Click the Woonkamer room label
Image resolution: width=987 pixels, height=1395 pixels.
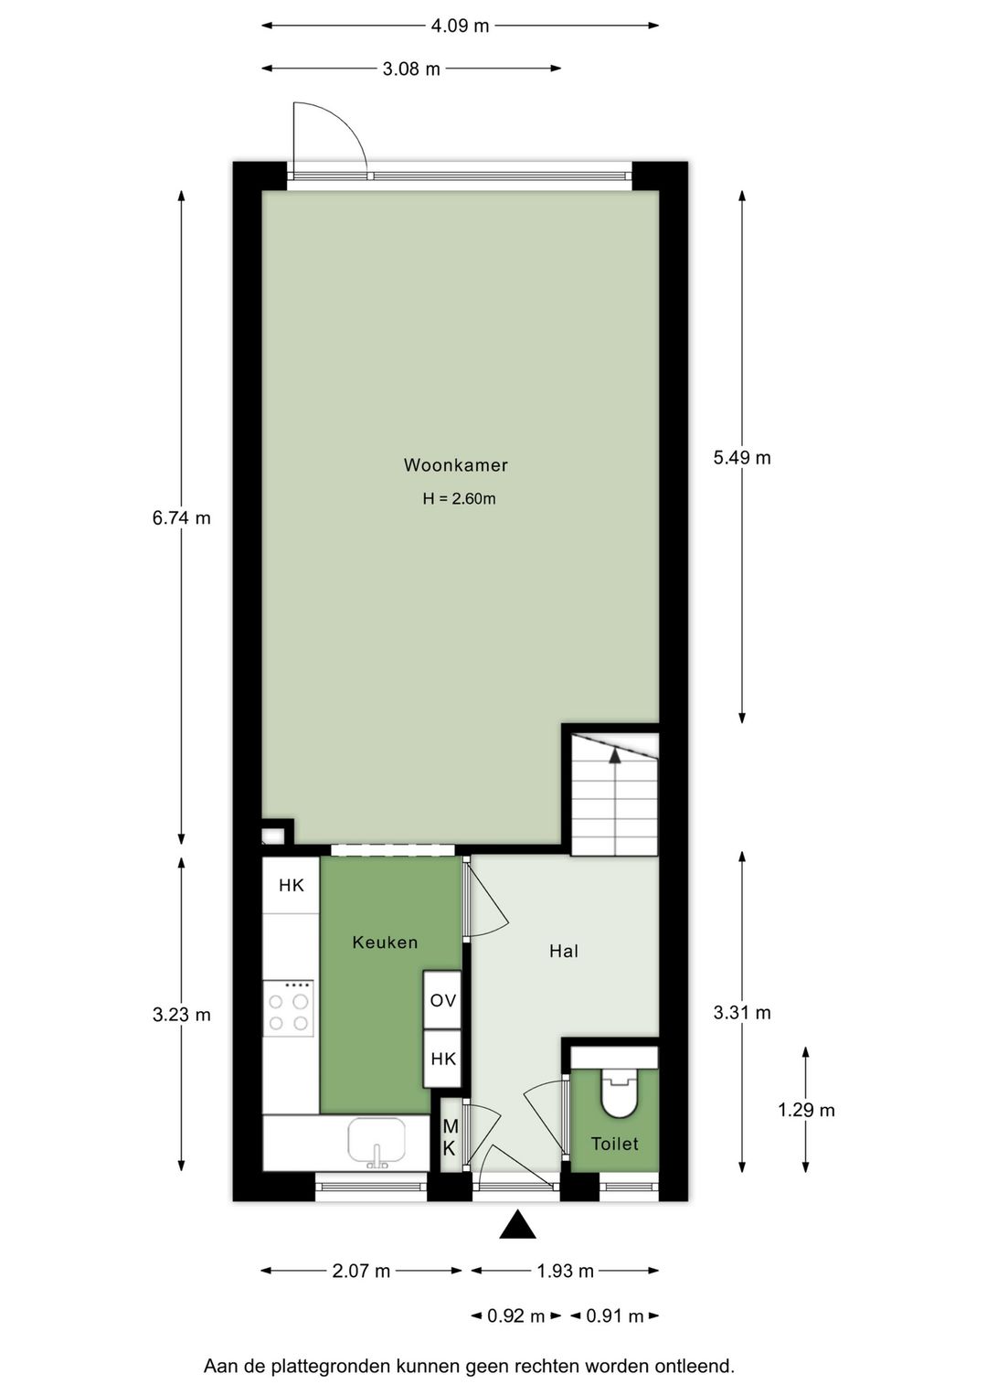pyautogui.click(x=455, y=465)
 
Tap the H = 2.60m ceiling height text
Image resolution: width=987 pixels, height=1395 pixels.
pyautogui.click(x=459, y=499)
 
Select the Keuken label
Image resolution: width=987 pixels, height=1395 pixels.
pyautogui.click(x=385, y=942)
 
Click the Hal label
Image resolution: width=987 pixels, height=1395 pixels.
pyautogui.click(x=564, y=952)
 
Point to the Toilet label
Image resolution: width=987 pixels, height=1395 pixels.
pyautogui.click(x=614, y=1144)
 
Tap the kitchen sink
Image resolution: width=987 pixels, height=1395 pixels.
pyautogui.click(x=377, y=1142)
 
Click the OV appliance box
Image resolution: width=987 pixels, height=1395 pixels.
pyautogui.click(x=442, y=1001)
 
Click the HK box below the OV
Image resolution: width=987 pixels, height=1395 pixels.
pyautogui.click(x=442, y=1059)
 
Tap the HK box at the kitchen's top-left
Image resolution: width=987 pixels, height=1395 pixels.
pyautogui.click(x=291, y=885)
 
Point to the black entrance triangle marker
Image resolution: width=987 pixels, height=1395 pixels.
pyautogui.click(x=517, y=1225)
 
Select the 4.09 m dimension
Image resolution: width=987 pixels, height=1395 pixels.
pyautogui.click(x=460, y=26)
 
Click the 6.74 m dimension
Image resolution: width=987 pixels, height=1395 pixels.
pyautogui.click(x=181, y=518)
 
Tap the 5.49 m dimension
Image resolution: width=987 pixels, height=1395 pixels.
pyautogui.click(x=742, y=458)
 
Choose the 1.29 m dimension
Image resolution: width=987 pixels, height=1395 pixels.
pyautogui.click(x=806, y=1111)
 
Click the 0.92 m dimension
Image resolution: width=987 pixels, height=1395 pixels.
pyautogui.click(x=515, y=1316)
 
